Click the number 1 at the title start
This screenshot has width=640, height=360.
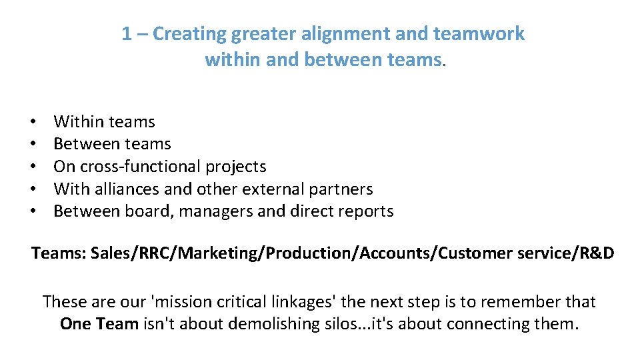(127, 34)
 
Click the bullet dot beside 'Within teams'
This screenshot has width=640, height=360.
(33, 122)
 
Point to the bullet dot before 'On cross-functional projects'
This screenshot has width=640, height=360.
(33, 167)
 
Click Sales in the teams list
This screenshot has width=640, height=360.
(112, 253)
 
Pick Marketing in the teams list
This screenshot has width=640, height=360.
(212, 253)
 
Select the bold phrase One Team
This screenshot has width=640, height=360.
(99, 324)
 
